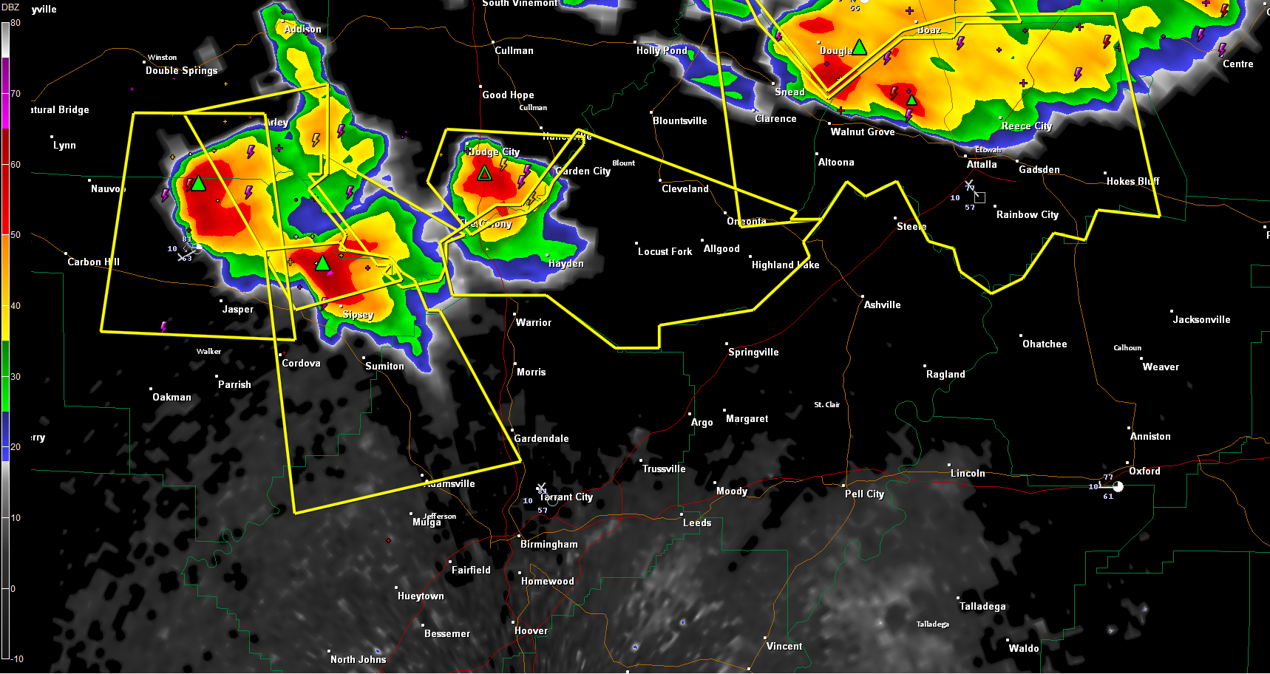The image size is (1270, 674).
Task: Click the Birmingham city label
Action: pos(549,545)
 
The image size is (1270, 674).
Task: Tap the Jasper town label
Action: pos(237,310)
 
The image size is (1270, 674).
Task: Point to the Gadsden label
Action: pos(1039,170)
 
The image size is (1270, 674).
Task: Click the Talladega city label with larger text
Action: pos(982,607)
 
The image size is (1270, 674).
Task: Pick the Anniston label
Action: pos(1150,437)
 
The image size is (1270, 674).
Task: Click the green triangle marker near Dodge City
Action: pos(484,174)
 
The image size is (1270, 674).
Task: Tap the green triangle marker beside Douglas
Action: pos(859,48)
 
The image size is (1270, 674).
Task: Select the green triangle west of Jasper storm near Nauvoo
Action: pos(198,183)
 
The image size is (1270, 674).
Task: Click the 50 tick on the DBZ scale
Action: pos(15,235)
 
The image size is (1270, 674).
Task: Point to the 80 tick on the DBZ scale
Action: pos(15,23)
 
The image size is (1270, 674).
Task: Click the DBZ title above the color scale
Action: pos(10,7)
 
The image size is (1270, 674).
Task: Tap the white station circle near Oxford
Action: pos(1118,486)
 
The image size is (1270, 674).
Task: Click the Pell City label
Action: pos(864,494)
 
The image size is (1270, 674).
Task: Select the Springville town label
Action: pos(753,353)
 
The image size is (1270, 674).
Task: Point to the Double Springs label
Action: pos(181,71)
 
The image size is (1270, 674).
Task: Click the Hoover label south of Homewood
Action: pos(531,631)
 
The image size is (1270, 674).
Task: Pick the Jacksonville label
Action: pos(1201,320)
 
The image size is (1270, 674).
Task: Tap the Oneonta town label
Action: pos(746,222)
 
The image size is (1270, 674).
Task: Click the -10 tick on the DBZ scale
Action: pos(16,658)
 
